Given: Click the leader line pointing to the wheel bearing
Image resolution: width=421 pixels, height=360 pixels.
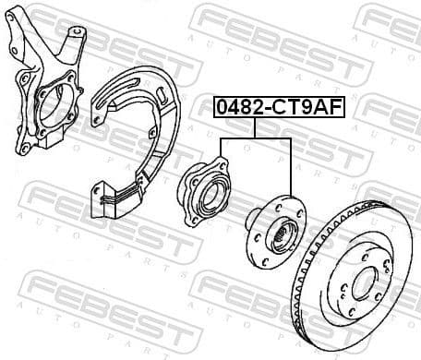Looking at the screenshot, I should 220,157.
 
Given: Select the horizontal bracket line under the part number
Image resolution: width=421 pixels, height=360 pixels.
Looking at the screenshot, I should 255,138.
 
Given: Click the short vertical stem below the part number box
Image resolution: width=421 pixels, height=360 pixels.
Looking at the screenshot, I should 255,129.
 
